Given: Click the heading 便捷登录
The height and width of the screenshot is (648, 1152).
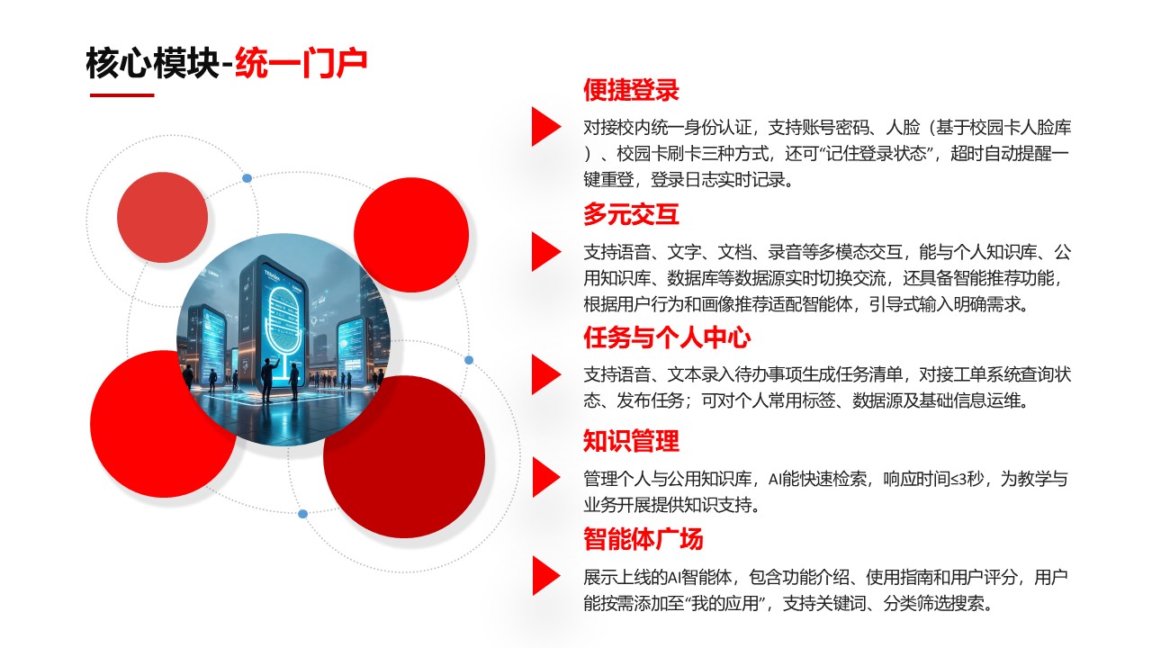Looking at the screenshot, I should pyautogui.click(x=630, y=91).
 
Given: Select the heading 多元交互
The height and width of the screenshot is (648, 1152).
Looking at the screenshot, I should pyautogui.click(x=630, y=215).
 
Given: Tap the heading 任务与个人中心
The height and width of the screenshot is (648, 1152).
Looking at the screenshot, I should pyautogui.click(x=666, y=339).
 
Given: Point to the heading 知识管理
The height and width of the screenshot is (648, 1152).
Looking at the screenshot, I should pyautogui.click(x=630, y=442).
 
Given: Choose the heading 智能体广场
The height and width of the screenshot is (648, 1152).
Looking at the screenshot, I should pyautogui.click(x=643, y=540).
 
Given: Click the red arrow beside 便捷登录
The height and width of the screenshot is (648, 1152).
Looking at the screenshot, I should pyautogui.click(x=545, y=126).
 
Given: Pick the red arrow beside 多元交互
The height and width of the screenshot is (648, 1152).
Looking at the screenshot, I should pyautogui.click(x=545, y=251).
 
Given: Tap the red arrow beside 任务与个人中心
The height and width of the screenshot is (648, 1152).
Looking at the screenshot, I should pyautogui.click(x=545, y=373).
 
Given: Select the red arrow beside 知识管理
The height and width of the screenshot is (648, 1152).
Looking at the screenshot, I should pyautogui.click(x=545, y=477).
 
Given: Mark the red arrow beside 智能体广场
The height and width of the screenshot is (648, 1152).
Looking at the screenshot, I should pyautogui.click(x=545, y=575).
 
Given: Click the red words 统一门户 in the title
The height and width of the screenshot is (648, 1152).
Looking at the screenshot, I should pyautogui.click(x=301, y=64).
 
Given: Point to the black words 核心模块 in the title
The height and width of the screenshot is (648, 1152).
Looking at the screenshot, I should pyautogui.click(x=152, y=64).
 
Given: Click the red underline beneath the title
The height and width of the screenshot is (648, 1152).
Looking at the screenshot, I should pyautogui.click(x=121, y=95).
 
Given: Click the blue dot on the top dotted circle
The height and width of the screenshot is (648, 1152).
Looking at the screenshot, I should pyautogui.click(x=247, y=178).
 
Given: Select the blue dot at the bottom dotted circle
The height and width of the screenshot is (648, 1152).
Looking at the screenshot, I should pyautogui.click(x=302, y=514).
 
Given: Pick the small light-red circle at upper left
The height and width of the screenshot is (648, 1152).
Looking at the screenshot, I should pyautogui.click(x=162, y=217).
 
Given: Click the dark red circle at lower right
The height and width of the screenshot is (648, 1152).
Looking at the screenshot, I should pyautogui.click(x=404, y=456).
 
